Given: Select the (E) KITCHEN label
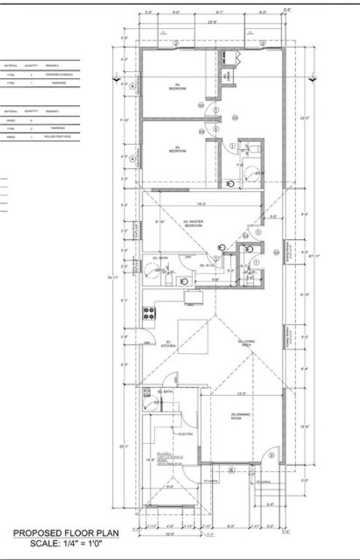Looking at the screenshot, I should pos(167,344).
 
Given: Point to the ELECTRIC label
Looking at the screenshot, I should pos(185,435).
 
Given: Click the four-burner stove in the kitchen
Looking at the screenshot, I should pos(149,314).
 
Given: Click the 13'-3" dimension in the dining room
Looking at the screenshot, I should pos(240,394).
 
